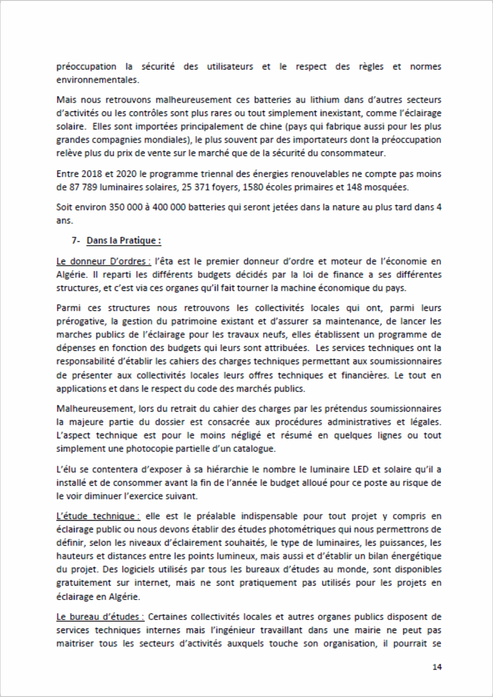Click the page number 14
pos(437,667)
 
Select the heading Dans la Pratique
pos(123,240)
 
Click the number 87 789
pos(83,187)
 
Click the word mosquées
pos(388,187)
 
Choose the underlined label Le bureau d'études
pos(100,617)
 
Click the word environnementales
pos(97,79)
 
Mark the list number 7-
pos(75,240)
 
